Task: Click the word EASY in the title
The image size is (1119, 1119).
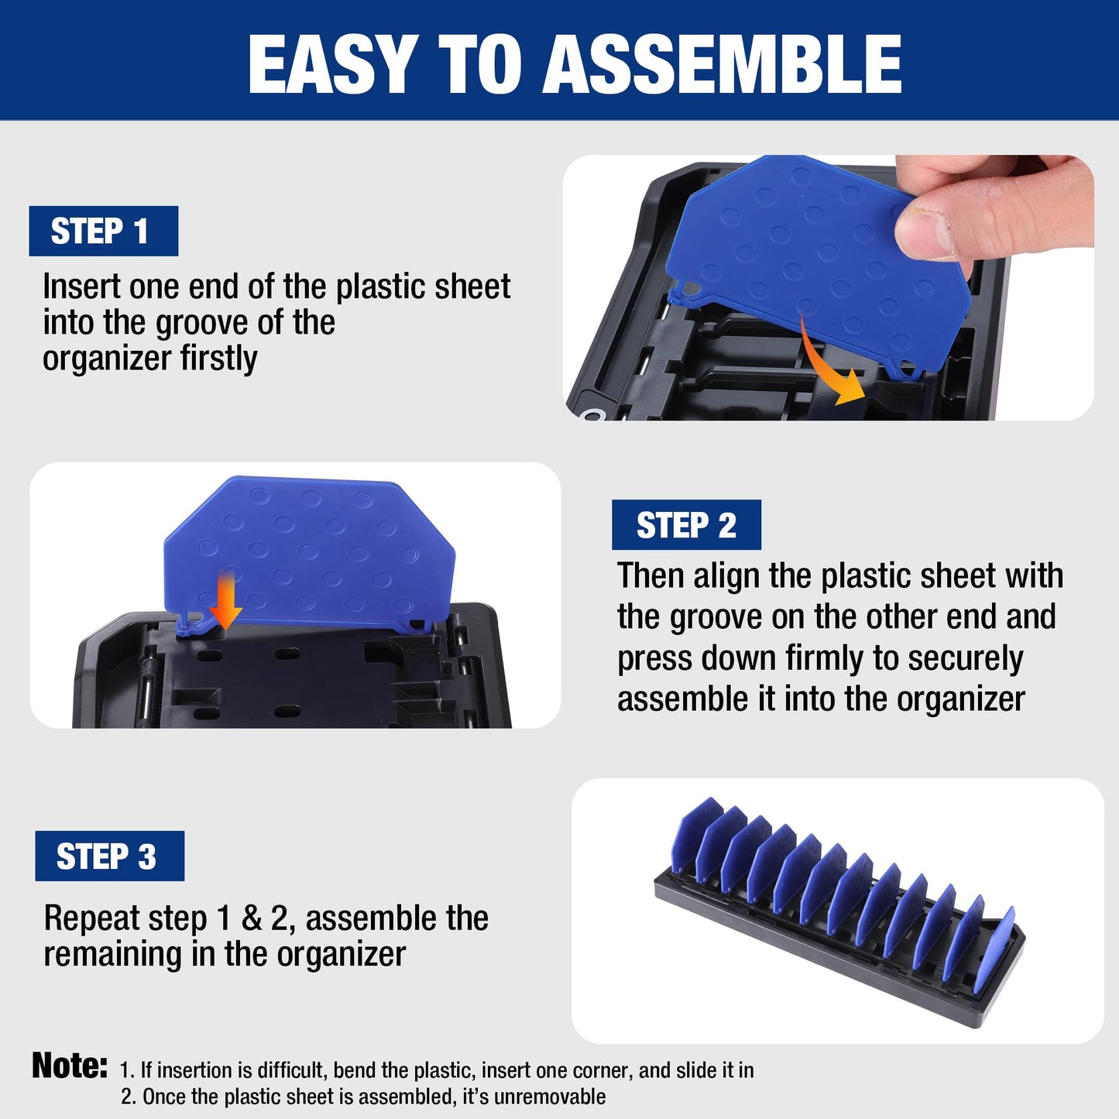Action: click(332, 64)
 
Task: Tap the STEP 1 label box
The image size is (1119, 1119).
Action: click(103, 231)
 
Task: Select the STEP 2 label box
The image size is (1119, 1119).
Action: click(686, 525)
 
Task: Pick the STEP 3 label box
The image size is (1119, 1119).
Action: click(109, 856)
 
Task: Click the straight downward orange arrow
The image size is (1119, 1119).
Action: click(226, 601)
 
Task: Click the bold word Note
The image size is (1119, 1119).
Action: click(69, 1066)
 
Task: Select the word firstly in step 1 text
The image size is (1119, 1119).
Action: click(218, 359)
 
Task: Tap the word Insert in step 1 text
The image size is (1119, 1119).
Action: click(81, 287)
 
